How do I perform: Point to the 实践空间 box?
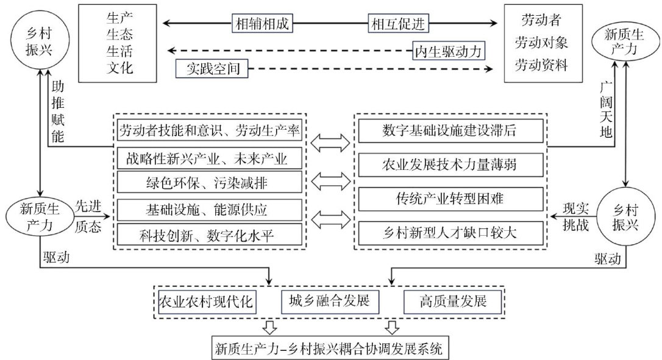tap(212, 68)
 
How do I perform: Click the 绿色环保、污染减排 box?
tap(209, 182)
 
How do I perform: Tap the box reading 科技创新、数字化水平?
tap(209, 233)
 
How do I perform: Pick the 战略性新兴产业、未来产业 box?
tap(209, 158)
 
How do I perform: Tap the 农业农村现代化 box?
tap(205, 301)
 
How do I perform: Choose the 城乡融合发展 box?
tap(330, 300)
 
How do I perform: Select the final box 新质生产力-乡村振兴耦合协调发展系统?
tap(332, 349)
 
